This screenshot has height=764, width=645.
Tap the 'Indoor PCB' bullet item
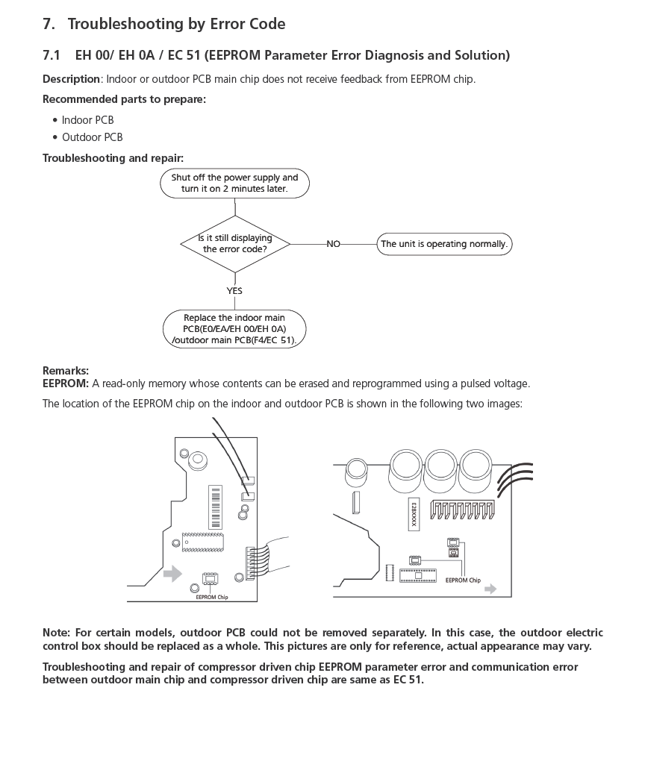87,120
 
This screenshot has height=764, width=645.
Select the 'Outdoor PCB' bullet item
92,137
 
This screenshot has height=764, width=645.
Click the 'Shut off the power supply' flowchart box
234,183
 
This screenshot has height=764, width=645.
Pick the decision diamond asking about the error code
234,243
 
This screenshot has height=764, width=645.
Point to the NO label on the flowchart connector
333,244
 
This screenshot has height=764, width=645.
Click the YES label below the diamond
234,291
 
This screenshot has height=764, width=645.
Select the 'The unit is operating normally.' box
444,244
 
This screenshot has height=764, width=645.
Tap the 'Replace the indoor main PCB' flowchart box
234,328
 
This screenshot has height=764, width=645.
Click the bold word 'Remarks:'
66,370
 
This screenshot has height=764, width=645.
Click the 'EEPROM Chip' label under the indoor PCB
212,597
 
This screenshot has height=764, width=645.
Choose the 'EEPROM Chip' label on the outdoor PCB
463,580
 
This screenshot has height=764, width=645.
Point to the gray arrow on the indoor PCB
172,573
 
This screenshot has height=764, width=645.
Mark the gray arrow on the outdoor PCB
490,589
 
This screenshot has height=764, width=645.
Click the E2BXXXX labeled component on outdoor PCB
413,515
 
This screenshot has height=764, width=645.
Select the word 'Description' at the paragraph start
71,79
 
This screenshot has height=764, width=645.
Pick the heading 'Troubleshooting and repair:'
113,158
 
